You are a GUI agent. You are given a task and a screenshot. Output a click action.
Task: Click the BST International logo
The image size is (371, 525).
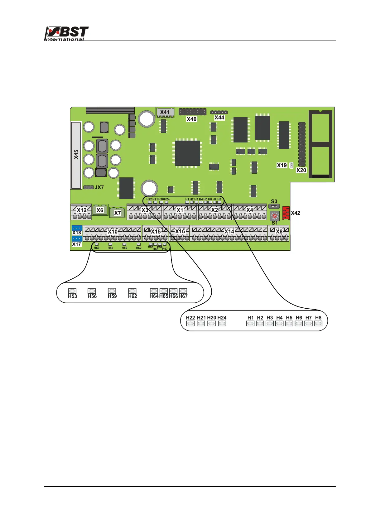click(66, 34)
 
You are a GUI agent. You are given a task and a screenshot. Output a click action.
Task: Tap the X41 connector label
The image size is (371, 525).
click(165, 112)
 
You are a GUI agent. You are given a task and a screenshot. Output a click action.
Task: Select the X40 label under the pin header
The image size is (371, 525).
click(191, 119)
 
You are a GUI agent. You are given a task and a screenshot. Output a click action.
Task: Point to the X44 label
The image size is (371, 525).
click(219, 118)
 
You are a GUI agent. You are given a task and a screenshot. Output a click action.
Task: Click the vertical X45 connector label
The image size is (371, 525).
click(76, 155)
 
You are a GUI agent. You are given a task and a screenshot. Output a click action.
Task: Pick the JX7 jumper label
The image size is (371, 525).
click(99, 187)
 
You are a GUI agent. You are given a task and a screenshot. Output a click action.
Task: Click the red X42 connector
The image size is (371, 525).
click(286, 213)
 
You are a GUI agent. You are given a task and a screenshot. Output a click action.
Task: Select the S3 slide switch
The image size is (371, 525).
click(274, 206)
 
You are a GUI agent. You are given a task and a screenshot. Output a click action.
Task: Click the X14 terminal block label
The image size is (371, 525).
click(229, 231)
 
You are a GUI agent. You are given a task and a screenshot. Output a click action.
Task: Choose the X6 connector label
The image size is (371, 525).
click(100, 210)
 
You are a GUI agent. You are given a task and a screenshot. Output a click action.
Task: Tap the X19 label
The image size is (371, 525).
click(282, 165)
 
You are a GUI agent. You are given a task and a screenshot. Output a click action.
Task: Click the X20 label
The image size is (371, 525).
click(301, 170)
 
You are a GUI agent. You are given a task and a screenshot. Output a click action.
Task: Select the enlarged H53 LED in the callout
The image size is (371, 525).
click(72, 291)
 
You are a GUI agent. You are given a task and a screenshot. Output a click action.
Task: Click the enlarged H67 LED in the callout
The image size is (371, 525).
click(183, 291)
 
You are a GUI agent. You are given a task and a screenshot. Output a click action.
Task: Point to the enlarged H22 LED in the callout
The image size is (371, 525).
click(190, 324)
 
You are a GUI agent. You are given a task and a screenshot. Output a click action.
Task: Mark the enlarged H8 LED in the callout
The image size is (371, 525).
click(318, 324)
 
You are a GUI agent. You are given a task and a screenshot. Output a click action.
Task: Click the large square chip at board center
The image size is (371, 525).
click(187, 153)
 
